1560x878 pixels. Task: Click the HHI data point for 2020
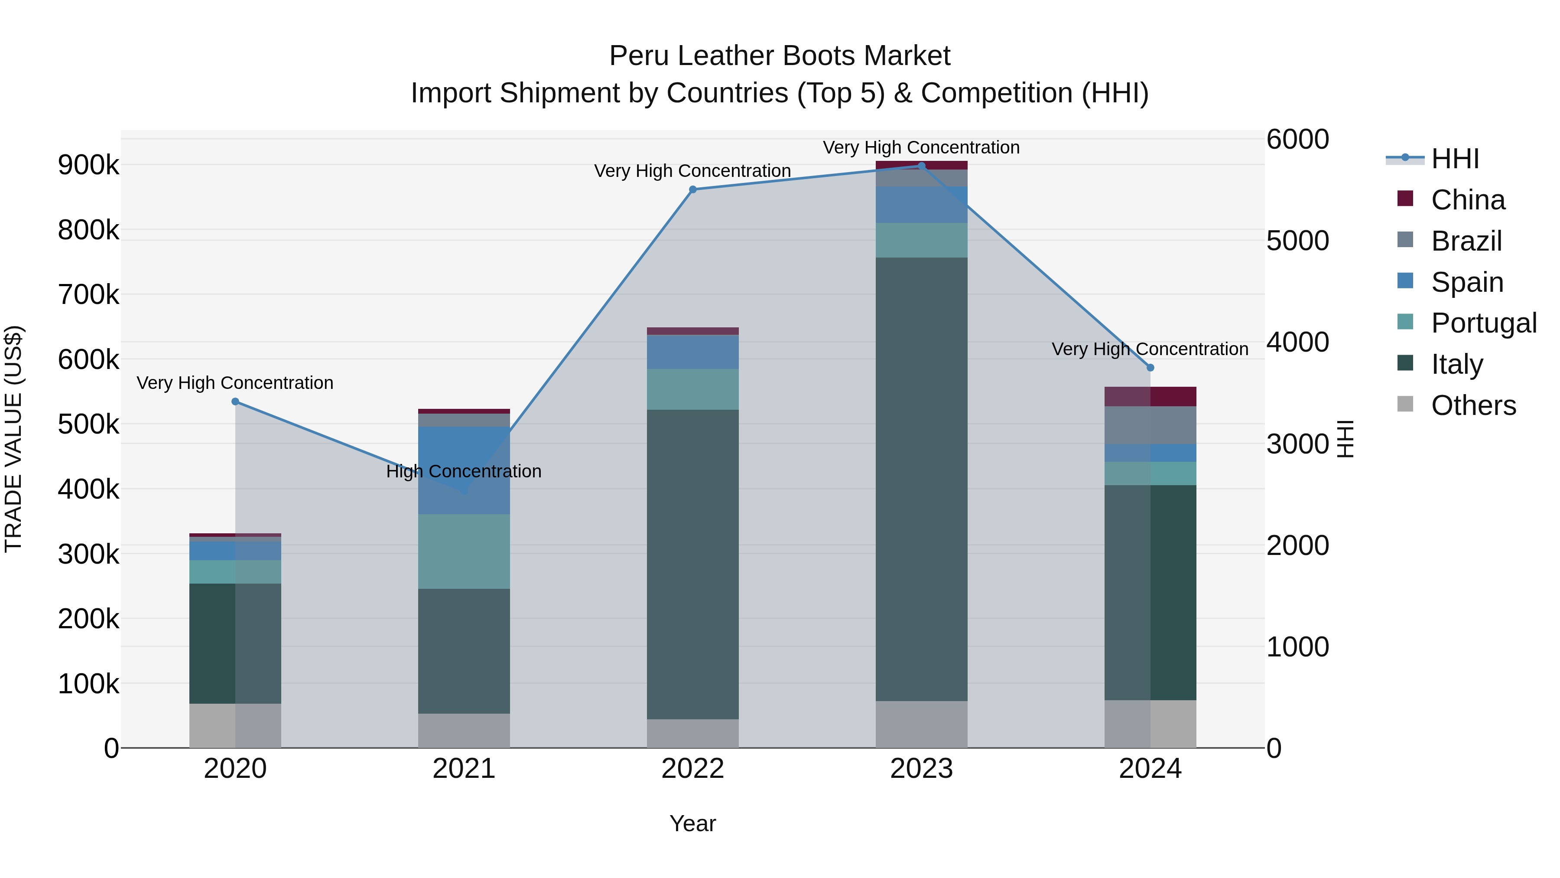(236, 402)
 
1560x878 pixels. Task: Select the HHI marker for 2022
(693, 189)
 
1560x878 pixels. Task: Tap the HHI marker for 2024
(1150, 368)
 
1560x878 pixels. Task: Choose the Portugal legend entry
(1483, 323)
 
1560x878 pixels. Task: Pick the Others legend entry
(1473, 405)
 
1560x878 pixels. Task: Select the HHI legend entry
(1455, 159)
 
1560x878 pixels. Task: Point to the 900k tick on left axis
(88, 165)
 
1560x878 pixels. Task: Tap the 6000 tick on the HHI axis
(1297, 139)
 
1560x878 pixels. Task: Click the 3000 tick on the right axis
(1297, 444)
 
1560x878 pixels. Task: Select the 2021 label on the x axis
(464, 769)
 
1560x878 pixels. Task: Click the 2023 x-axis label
(921, 769)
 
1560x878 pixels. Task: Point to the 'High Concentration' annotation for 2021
(464, 471)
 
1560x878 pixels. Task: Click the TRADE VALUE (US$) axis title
(13, 439)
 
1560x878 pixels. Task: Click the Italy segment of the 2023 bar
(921, 479)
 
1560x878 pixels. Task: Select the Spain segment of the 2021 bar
(464, 470)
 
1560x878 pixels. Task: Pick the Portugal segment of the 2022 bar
(693, 390)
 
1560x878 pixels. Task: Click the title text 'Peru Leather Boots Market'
(780, 56)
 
